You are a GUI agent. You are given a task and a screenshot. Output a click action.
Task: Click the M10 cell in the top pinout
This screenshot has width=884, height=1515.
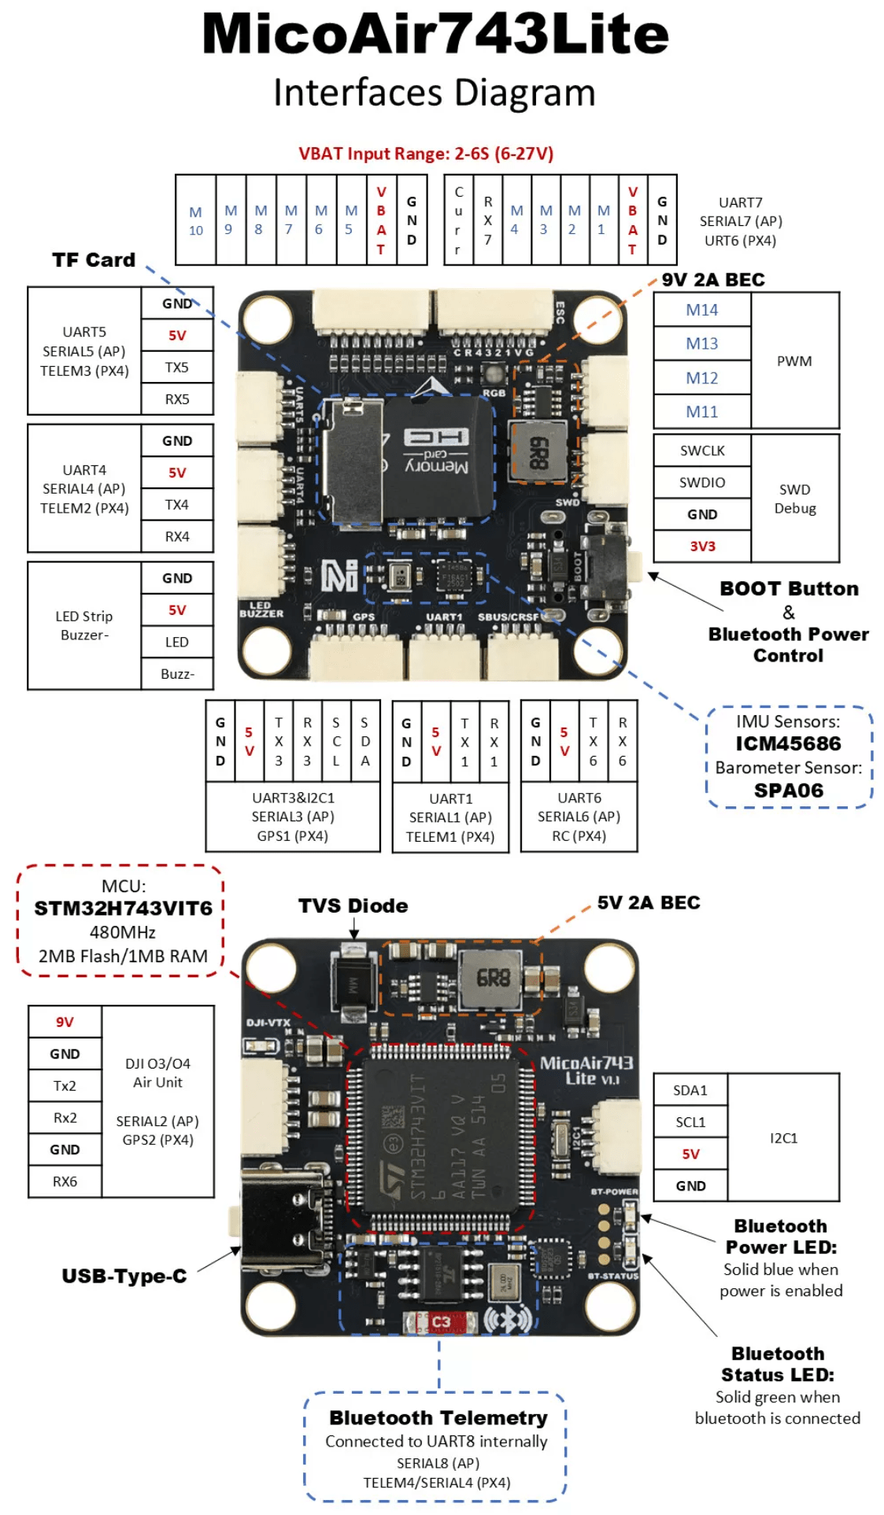[195, 221]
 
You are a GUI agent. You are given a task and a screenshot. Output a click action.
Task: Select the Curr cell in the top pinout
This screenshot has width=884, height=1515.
[458, 221]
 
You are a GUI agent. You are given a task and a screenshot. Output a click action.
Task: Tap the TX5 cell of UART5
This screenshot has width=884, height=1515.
[177, 368]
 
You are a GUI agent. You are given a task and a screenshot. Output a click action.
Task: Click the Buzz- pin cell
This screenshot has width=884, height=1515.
[177, 674]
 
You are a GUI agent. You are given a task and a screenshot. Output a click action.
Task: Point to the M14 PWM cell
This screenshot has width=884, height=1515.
[701, 310]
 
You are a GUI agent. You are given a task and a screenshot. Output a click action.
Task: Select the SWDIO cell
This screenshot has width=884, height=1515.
[702, 483]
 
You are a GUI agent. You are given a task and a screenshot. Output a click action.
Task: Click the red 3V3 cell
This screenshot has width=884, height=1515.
[702, 546]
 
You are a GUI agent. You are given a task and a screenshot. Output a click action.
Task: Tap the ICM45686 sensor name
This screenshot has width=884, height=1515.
[788, 744]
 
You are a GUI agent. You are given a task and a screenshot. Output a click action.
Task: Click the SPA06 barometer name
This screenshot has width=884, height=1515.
[788, 791]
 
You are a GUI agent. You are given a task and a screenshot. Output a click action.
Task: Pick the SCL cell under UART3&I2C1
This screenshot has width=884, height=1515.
[336, 742]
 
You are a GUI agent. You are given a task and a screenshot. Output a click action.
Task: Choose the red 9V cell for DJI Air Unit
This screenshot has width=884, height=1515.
[65, 1022]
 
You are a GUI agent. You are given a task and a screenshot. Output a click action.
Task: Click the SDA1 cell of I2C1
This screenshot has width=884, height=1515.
[690, 1091]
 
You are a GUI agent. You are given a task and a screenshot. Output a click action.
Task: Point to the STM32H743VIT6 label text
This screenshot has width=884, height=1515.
[123, 909]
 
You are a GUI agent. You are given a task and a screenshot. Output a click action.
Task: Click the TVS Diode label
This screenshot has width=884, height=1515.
[353, 906]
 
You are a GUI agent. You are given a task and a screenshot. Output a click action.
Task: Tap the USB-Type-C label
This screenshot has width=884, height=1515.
[124, 1276]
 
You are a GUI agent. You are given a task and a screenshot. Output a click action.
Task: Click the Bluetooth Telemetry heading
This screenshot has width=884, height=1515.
[438, 1418]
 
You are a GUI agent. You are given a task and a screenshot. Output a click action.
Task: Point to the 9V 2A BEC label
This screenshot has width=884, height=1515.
[712, 280]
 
